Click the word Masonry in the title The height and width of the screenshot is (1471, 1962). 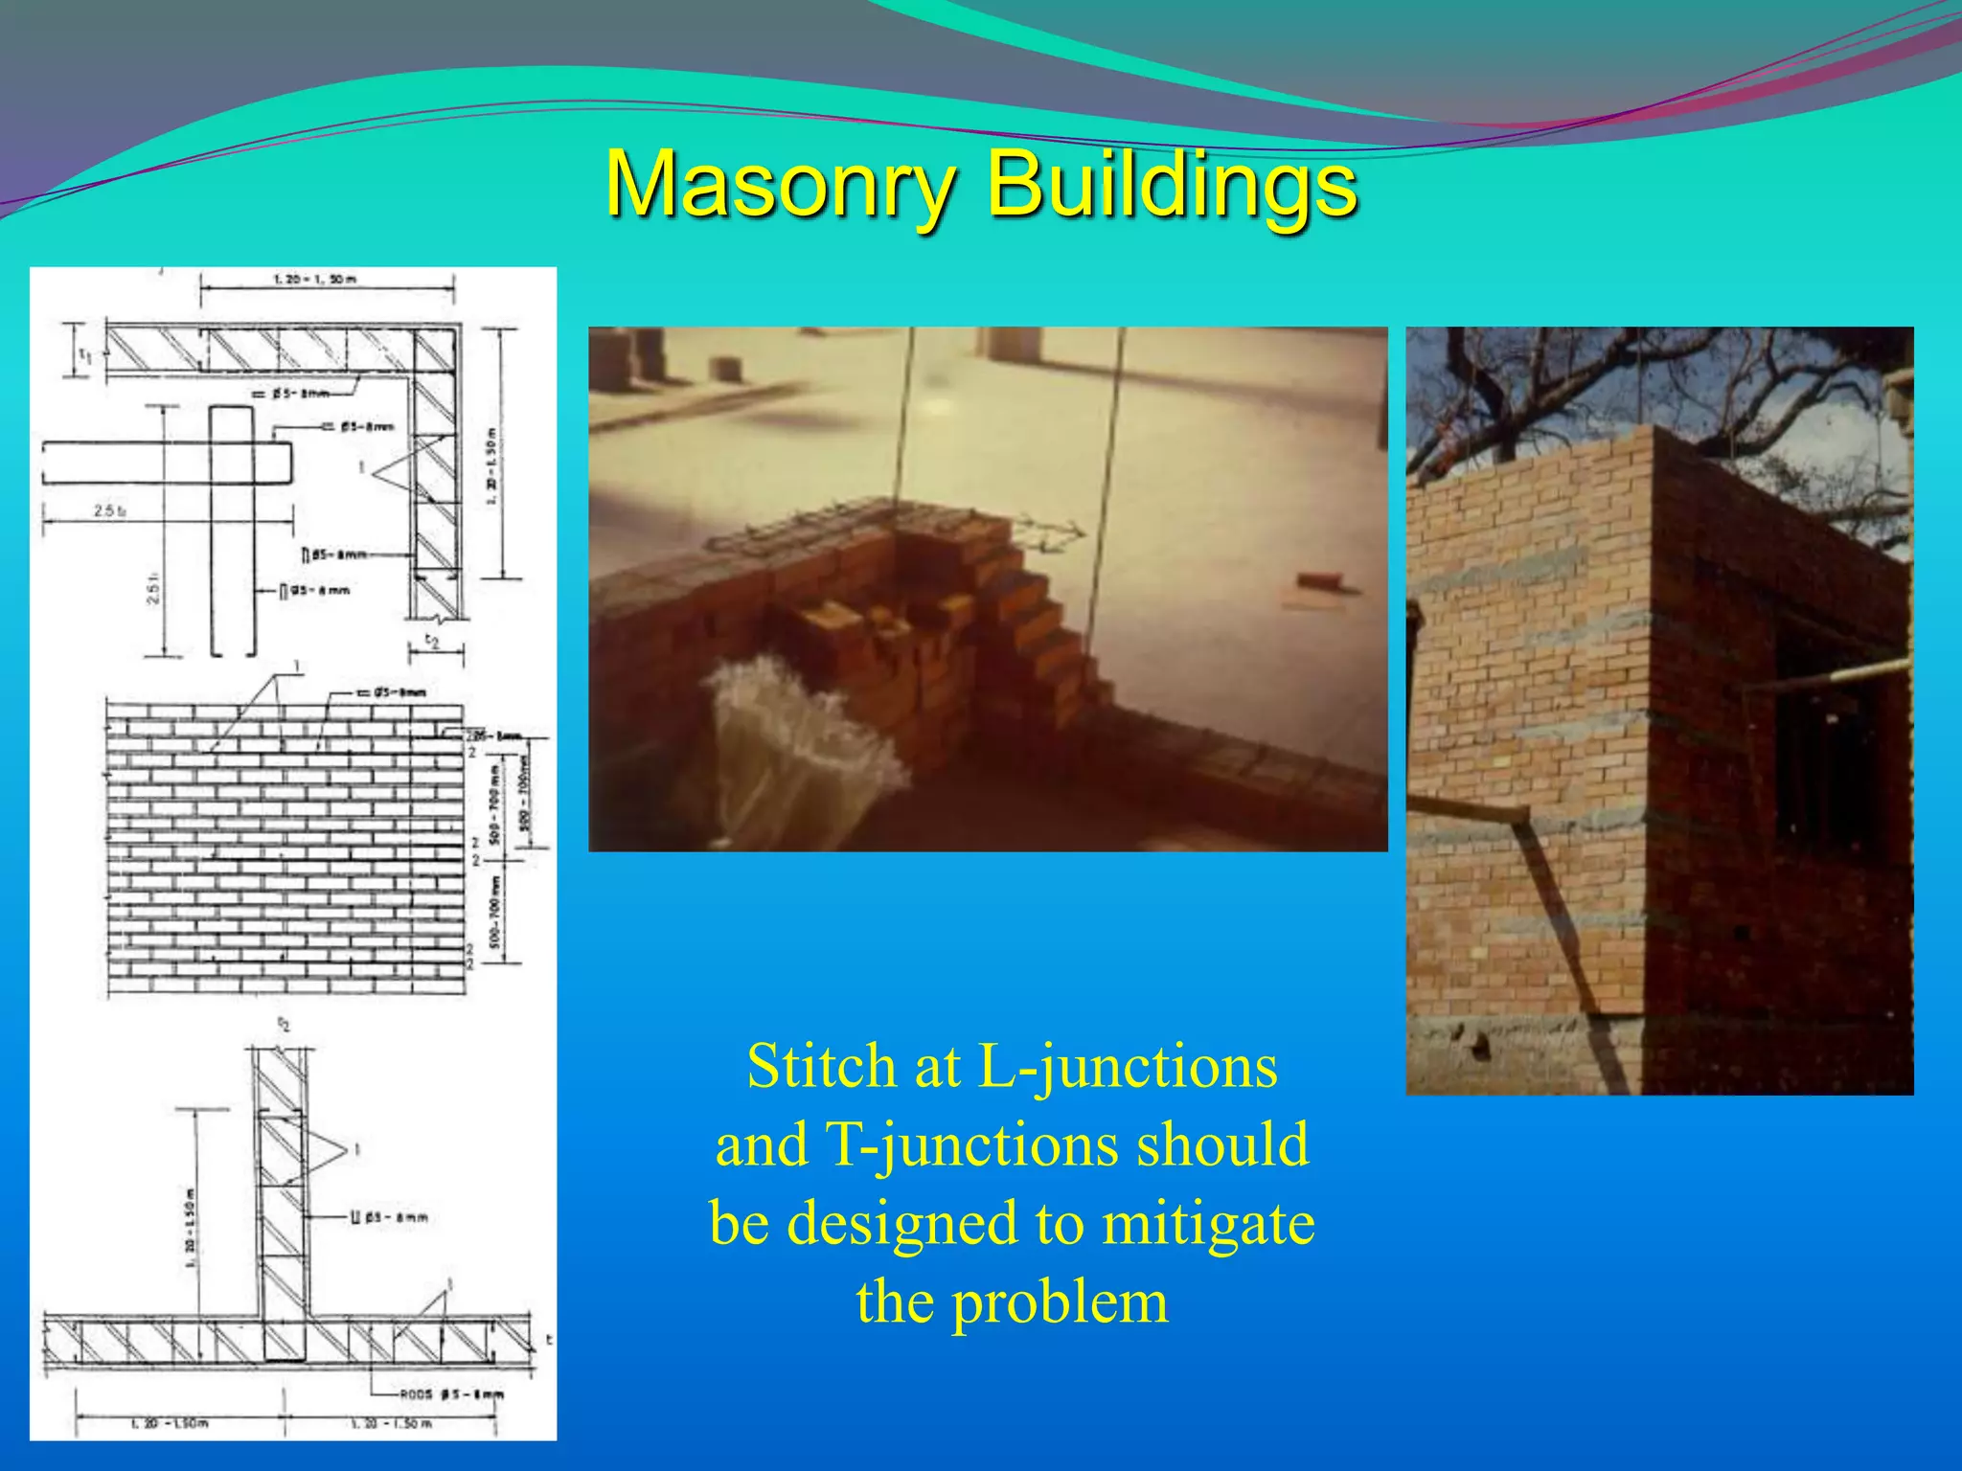click(x=781, y=185)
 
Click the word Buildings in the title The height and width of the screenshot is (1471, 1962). click(x=1172, y=185)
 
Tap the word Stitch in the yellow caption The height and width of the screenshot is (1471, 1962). click(x=821, y=1066)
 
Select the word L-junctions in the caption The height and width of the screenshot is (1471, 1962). click(x=1127, y=1066)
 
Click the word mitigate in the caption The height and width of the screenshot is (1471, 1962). click(x=1208, y=1223)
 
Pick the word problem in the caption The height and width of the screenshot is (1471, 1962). click(x=1060, y=1301)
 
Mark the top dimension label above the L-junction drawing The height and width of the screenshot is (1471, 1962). click(x=314, y=280)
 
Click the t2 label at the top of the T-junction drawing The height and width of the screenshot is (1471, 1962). click(x=284, y=1025)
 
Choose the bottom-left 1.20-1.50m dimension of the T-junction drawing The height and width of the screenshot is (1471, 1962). click(x=169, y=1423)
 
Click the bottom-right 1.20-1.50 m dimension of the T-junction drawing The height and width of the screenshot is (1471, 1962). click(x=391, y=1423)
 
